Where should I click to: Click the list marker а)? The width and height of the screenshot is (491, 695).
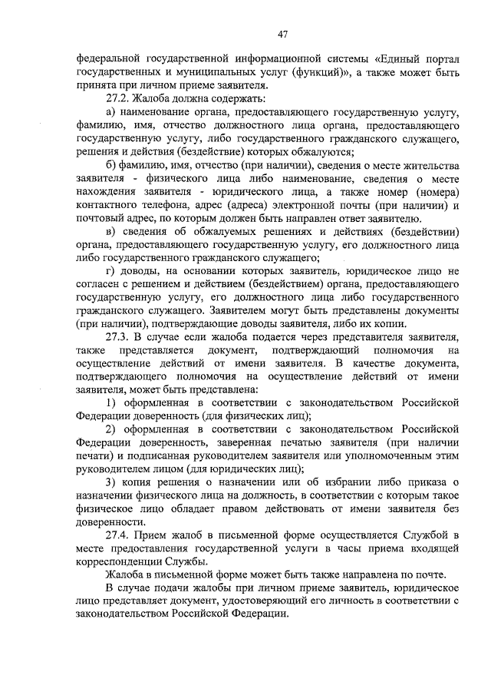[x=111, y=113]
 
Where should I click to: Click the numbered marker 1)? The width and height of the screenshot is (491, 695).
[x=111, y=402]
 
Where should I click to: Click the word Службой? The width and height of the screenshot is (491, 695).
[x=420, y=532]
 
